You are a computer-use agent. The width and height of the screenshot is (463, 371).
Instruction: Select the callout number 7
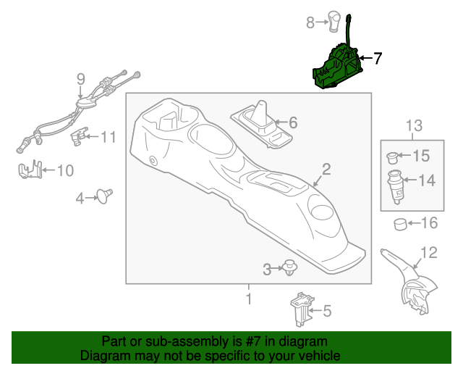pos(377,58)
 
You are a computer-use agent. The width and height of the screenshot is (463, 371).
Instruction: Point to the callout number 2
pos(326,170)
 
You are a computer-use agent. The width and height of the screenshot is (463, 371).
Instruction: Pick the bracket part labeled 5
pos(301,308)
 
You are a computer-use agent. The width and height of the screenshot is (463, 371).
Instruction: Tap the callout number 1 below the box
pos(248,298)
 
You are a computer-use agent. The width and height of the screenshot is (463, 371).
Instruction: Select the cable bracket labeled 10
pos(28,171)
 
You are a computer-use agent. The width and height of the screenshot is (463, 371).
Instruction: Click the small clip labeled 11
pos(79,136)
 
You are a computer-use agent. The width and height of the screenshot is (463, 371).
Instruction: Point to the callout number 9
pos(80,79)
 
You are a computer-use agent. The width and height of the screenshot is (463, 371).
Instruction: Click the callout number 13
pos(412,126)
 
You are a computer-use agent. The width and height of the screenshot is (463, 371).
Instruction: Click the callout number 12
pos(429,252)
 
